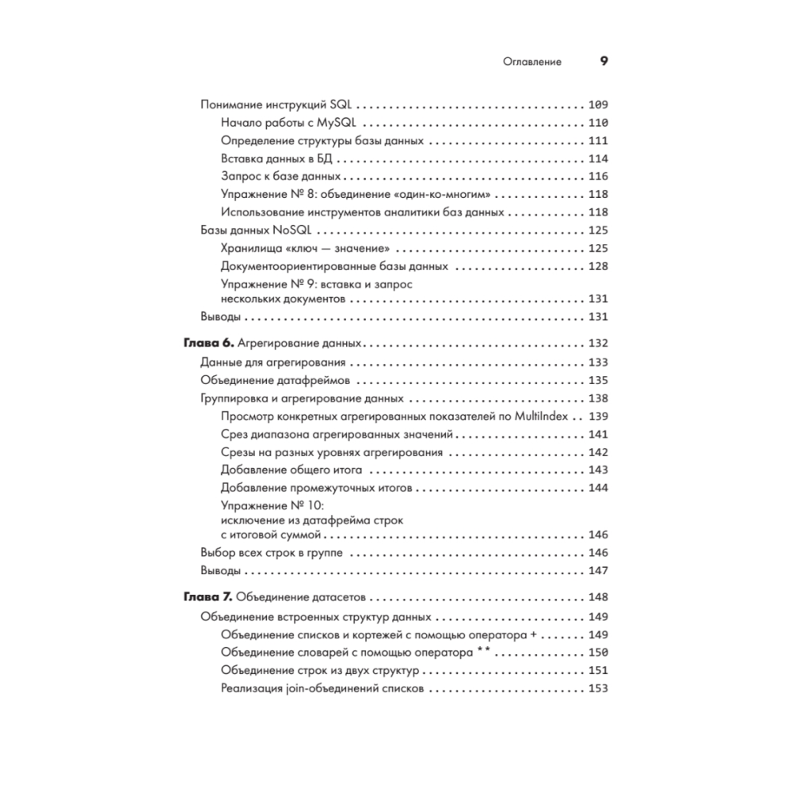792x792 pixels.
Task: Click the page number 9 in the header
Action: point(602,62)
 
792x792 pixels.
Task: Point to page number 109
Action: point(598,105)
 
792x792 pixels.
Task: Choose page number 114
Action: point(598,158)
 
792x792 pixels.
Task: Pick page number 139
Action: point(598,417)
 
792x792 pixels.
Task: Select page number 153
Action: point(598,689)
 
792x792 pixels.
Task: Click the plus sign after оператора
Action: point(533,634)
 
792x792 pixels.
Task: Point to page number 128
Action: point(598,266)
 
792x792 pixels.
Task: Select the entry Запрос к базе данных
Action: point(281,177)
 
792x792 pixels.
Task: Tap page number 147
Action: point(598,571)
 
